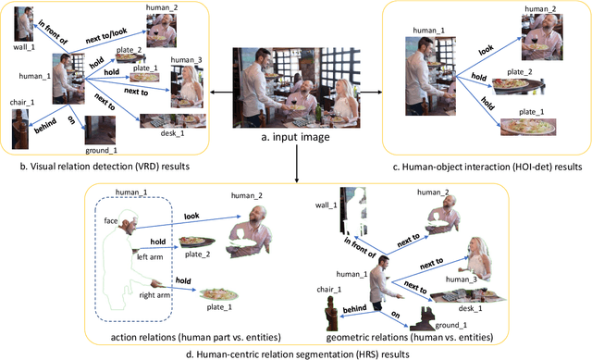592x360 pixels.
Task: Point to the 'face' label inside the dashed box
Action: (x=111, y=221)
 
